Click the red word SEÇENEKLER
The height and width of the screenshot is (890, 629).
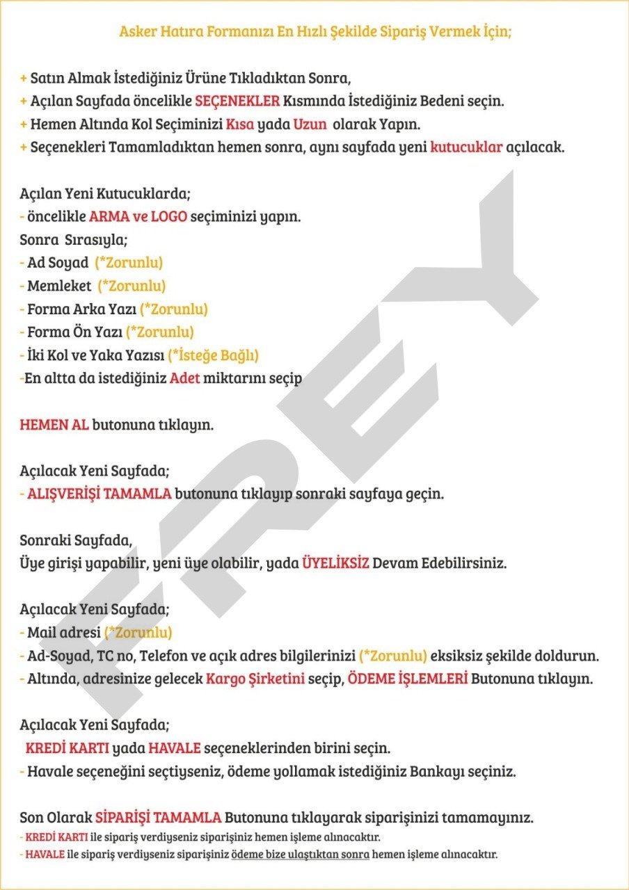[237, 101]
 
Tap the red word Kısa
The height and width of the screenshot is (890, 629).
[240, 124]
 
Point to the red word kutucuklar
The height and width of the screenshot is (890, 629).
[466, 148]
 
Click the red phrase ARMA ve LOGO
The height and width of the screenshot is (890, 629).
[138, 216]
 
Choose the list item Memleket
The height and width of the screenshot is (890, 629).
[59, 286]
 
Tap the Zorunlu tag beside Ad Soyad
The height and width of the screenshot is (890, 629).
[129, 263]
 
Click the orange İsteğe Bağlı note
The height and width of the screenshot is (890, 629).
[214, 356]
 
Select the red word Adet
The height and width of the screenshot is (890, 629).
[184, 380]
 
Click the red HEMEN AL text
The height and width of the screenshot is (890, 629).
[54, 425]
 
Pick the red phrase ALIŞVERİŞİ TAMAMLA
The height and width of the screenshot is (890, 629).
[99, 494]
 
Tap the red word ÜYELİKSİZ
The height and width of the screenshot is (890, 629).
[335, 563]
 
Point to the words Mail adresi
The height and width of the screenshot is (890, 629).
[63, 633]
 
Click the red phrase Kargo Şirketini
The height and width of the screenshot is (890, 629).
[255, 679]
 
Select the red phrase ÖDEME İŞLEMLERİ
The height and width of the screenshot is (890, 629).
[407, 679]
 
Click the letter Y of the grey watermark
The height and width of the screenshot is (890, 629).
[452, 257]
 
